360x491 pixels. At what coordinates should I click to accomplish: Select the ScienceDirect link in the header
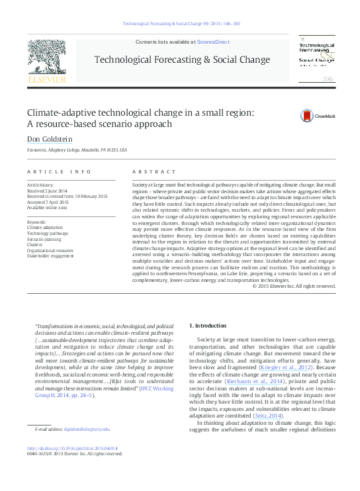coord(213,42)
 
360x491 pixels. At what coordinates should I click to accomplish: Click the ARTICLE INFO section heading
coord(58,171)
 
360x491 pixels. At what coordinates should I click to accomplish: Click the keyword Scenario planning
coord(44,238)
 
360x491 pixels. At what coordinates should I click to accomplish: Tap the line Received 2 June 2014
coord(47,190)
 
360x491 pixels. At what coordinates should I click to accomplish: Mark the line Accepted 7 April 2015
coord(47,201)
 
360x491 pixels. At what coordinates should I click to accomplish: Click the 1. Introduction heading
coord(209,326)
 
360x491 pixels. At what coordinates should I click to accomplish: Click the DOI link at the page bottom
coord(73,448)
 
